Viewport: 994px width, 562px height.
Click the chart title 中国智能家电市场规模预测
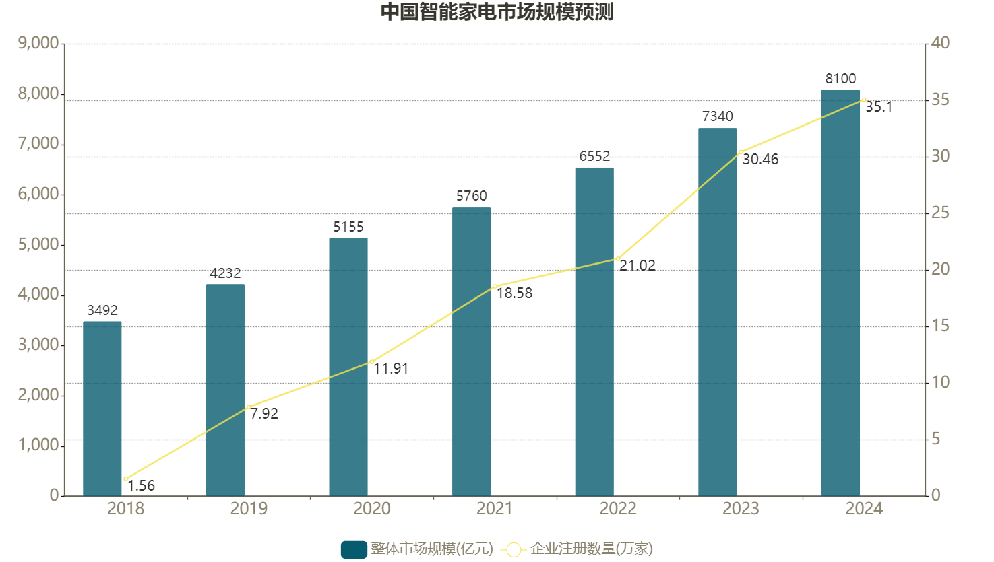pyautogui.click(x=497, y=12)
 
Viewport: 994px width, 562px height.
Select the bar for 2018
pyautogui.click(x=102, y=409)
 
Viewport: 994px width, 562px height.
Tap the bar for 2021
pyautogui.click(x=471, y=351)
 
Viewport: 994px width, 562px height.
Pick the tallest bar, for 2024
pyautogui.click(x=840, y=293)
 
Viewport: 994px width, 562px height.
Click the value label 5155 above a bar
pyautogui.click(x=348, y=227)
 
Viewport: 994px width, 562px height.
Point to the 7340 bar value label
pyautogui.click(x=718, y=116)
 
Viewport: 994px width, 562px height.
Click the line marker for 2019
pyautogui.click(x=249, y=407)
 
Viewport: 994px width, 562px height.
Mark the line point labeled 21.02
pyautogui.click(x=617, y=258)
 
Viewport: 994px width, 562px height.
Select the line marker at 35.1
pyautogui.click(x=863, y=100)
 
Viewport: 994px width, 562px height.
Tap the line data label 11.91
pyautogui.click(x=391, y=369)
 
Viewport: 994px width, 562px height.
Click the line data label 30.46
pyautogui.click(x=760, y=160)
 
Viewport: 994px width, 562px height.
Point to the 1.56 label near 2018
pyautogui.click(x=141, y=486)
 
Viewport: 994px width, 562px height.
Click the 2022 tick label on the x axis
pyautogui.click(x=618, y=509)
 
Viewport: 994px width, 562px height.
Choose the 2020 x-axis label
pyautogui.click(x=372, y=509)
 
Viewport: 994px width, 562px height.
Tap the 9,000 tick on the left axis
pyautogui.click(x=38, y=43)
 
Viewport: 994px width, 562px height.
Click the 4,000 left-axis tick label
pyautogui.click(x=38, y=294)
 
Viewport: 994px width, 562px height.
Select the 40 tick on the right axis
pyautogui.click(x=940, y=43)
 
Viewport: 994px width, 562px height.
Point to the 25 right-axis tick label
pyautogui.click(x=940, y=213)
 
